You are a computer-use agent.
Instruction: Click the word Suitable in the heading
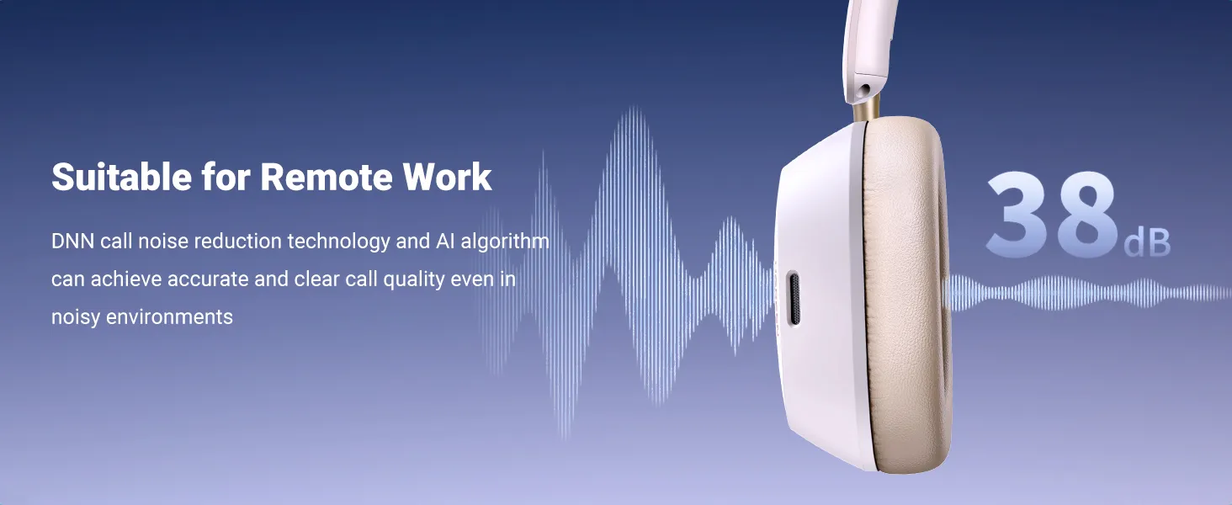tap(121, 177)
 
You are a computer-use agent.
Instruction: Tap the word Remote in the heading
tap(325, 177)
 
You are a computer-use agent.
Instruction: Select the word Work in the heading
tap(447, 177)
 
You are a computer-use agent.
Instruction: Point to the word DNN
tap(72, 241)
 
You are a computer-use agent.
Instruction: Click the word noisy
tap(76, 317)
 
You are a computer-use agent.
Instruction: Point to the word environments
tap(169, 317)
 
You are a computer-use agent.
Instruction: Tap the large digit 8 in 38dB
tap(1084, 214)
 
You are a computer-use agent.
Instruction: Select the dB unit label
tap(1147, 243)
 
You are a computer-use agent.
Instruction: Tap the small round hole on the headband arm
tap(865, 90)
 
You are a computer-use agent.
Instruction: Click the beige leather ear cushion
tap(906, 294)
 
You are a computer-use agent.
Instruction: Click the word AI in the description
tap(445, 241)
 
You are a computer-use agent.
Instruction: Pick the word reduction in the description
tap(238, 241)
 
